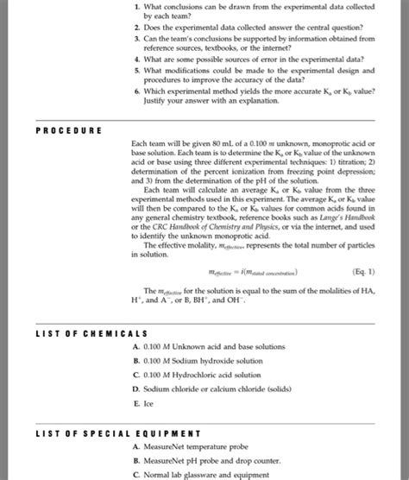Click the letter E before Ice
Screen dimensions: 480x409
pos(136,402)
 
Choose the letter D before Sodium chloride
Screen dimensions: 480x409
pos(136,388)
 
